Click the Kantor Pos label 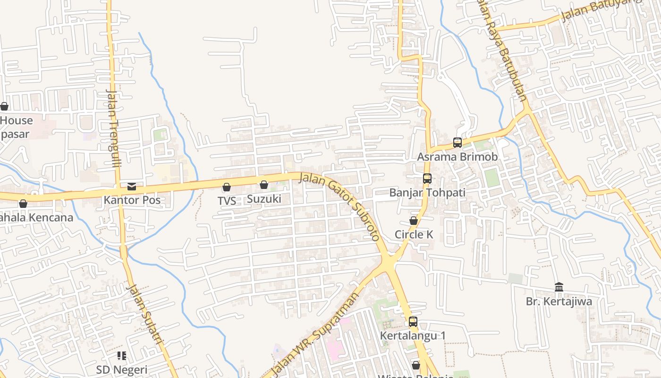[x=132, y=200]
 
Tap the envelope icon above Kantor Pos [x=132, y=187]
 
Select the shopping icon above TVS [x=227, y=187]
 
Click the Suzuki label [x=264, y=199]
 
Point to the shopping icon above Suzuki [x=264, y=185]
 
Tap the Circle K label [x=414, y=234]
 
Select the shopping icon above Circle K [x=414, y=221]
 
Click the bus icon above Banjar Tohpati [x=427, y=179]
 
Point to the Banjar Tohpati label [x=427, y=193]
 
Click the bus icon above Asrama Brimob [x=457, y=142]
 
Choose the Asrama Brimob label [x=457, y=157]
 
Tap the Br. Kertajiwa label [x=559, y=301]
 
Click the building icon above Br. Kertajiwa [x=559, y=287]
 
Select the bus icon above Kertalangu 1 [x=413, y=322]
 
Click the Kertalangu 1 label [x=413, y=335]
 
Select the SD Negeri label [x=122, y=369]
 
